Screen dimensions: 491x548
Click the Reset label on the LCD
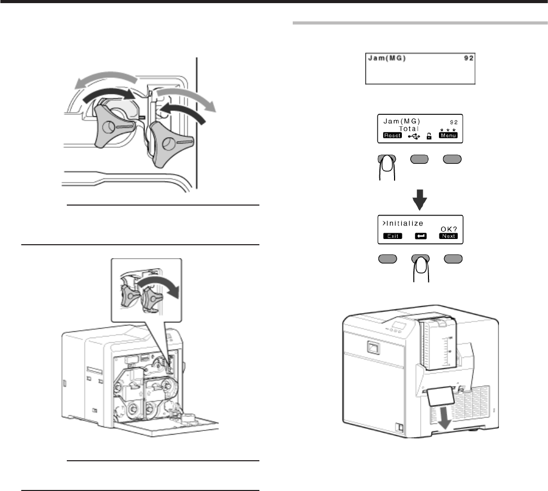pyautogui.click(x=391, y=136)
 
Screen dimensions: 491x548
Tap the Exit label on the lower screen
pyautogui.click(x=392, y=236)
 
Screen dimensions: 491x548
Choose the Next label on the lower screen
pyautogui.click(x=448, y=236)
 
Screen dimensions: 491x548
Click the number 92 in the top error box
pyautogui.click(x=469, y=58)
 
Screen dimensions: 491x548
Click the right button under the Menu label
pyautogui.click(x=452, y=159)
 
